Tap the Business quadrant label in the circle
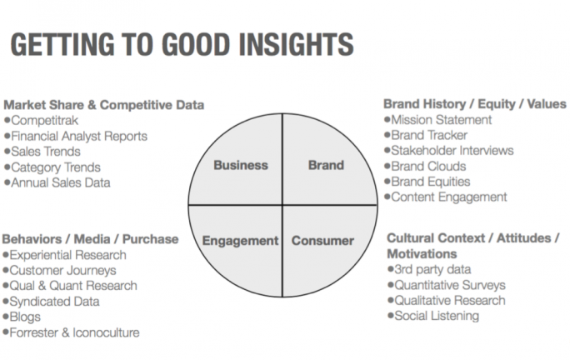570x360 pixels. (x=241, y=165)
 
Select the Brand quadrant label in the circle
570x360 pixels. (x=326, y=165)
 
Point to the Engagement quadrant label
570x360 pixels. (x=241, y=241)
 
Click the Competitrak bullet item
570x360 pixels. (x=44, y=121)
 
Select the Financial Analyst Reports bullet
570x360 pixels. (x=79, y=136)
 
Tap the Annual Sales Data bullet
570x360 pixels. (x=60, y=182)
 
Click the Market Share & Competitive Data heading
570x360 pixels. (x=103, y=105)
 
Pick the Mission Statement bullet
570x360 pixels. (x=441, y=120)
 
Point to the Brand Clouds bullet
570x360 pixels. (x=429, y=166)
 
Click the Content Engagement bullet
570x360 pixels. (x=448, y=197)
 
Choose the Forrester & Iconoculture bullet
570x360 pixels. (x=75, y=332)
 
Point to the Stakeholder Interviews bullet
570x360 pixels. (x=452, y=151)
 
